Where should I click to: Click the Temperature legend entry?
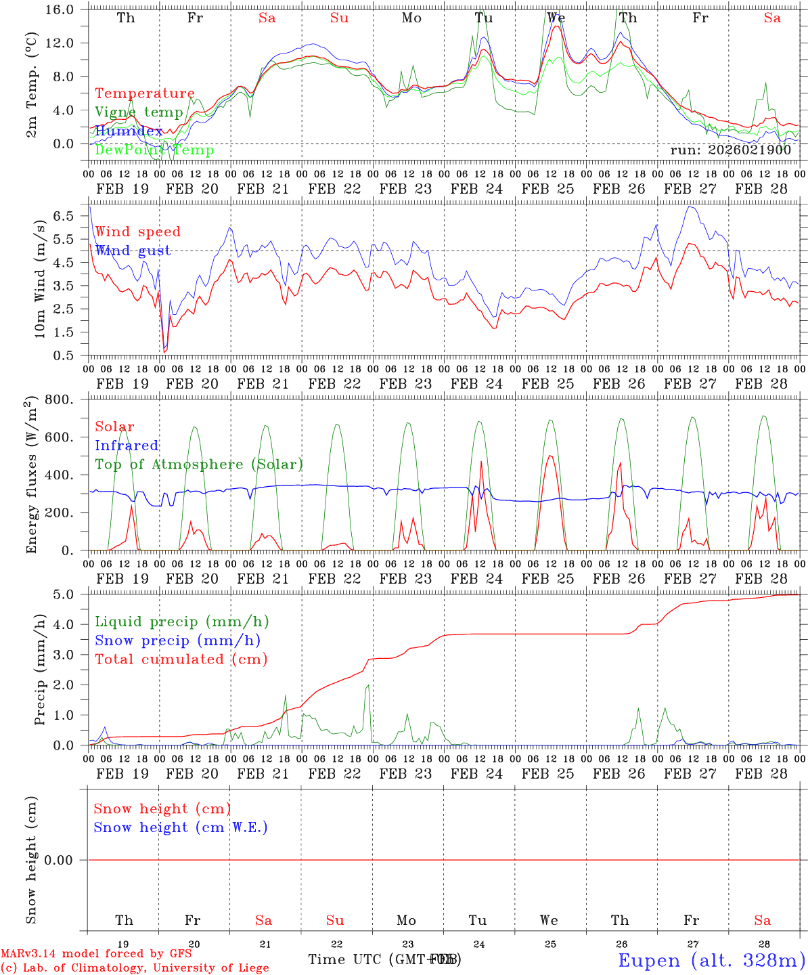click(145, 93)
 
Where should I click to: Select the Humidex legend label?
click(129, 131)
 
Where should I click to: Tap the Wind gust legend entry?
click(133, 251)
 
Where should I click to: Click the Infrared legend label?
click(127, 446)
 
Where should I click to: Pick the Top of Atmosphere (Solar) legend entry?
click(199, 464)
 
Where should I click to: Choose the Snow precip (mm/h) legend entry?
click(177, 641)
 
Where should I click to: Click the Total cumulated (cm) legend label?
click(181, 659)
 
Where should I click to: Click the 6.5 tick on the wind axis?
click(68, 216)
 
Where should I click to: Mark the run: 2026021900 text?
click(730, 150)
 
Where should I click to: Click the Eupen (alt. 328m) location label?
click(711, 960)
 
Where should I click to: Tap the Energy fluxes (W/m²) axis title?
click(32, 476)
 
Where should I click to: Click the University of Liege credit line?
click(135, 968)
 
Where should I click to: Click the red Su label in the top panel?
click(339, 18)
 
